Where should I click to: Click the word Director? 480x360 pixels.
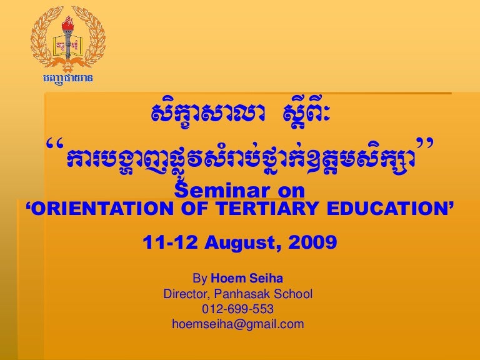tap(186, 293)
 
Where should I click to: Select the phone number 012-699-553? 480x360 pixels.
tap(237, 309)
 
